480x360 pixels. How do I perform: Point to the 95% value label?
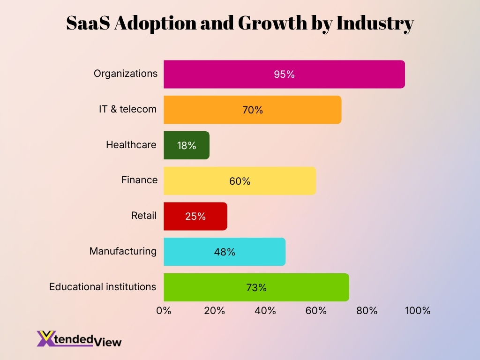(284, 74)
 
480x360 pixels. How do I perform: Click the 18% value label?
(187, 146)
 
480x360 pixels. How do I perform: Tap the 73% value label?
(256, 287)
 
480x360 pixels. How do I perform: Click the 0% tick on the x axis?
(164, 310)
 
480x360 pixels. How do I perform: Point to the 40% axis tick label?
(265, 310)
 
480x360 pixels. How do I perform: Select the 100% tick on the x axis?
(417, 310)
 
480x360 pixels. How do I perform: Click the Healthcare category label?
(131, 145)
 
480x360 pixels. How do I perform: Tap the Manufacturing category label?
(123, 251)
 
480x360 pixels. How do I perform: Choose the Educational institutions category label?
(103, 286)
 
